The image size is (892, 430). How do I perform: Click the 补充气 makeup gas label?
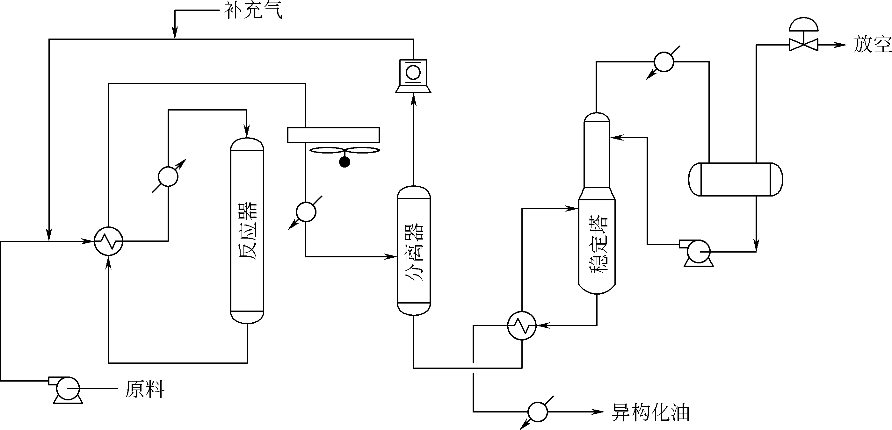click(x=253, y=11)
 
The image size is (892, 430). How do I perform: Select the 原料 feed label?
click(x=145, y=389)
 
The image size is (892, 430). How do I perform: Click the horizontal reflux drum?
click(x=736, y=179)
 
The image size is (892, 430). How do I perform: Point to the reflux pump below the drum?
click(x=699, y=252)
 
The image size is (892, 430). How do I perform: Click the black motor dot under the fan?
click(x=344, y=162)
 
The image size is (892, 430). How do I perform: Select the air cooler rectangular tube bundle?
click(x=333, y=135)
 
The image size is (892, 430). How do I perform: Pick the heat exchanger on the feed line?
click(x=108, y=241)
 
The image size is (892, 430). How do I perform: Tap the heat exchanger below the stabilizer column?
click(x=522, y=326)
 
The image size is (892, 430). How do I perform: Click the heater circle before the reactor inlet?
click(x=168, y=176)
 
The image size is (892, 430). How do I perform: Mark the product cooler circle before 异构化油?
click(x=538, y=412)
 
